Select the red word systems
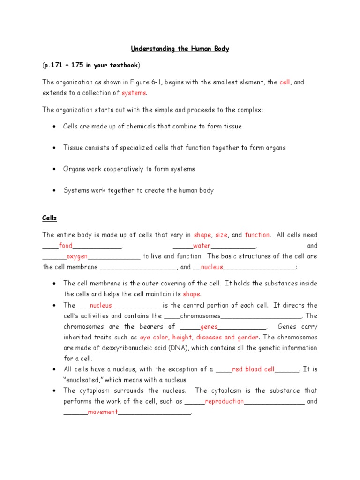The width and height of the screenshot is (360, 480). click(x=134, y=93)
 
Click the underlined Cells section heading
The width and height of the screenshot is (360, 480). click(x=49, y=218)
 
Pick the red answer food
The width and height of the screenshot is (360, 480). click(x=66, y=246)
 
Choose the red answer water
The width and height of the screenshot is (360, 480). click(x=202, y=246)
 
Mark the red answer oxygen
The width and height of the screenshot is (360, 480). click(x=77, y=256)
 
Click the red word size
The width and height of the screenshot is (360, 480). click(x=221, y=235)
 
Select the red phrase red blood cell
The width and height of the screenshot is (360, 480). click(x=253, y=369)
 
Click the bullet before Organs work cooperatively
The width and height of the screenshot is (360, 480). click(x=55, y=169)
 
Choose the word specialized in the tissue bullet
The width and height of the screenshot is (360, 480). click(x=124, y=148)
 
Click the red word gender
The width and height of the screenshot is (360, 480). click(x=248, y=337)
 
